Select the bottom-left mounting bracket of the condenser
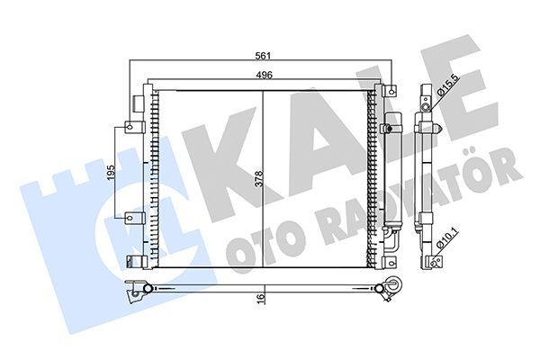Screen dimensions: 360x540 click(136, 261)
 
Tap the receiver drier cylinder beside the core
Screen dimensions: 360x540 click(390, 175)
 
